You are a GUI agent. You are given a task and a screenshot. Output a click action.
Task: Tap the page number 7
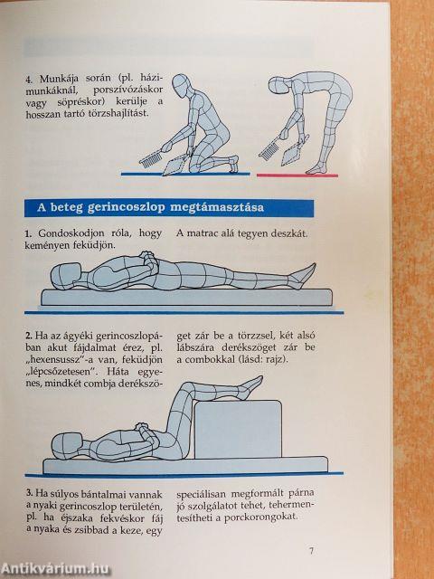tap(311, 551)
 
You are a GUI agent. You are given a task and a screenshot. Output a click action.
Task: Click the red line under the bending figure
tap(297, 176)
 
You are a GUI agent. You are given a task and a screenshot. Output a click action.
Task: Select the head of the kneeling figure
tap(181, 86)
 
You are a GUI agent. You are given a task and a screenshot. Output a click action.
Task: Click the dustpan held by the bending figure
tap(293, 152)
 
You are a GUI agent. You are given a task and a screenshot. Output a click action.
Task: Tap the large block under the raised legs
tap(238, 430)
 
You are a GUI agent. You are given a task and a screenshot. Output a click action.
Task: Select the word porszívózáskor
tap(127, 90)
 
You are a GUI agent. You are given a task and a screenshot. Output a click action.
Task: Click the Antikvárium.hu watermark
tap(55, 569)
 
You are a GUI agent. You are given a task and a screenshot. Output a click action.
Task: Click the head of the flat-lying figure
tap(65, 276)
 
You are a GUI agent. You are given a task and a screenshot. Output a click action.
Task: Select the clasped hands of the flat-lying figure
tap(148, 260)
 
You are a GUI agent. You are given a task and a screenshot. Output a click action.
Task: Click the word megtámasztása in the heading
tap(217, 207)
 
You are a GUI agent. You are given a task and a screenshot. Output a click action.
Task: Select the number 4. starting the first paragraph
tap(28, 80)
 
